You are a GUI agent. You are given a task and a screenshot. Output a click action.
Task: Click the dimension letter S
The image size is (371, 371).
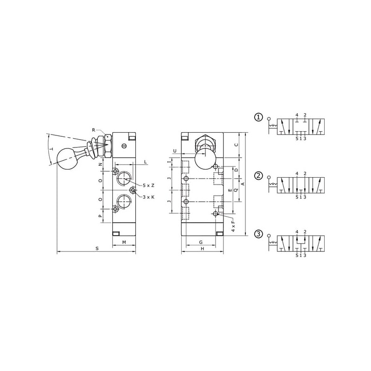click(x=97, y=249)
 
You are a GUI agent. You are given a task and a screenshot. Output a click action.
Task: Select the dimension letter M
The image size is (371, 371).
click(x=124, y=242)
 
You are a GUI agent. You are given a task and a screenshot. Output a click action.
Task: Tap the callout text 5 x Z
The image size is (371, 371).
click(x=148, y=185)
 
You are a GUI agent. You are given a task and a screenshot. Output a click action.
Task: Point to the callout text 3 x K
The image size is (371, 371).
click(x=148, y=197)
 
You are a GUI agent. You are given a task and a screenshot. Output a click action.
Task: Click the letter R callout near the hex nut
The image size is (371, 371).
click(x=94, y=130)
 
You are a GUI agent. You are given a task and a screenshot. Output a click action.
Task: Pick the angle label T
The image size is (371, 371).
click(x=51, y=149)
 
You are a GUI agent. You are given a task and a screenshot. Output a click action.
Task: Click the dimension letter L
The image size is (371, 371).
click(x=146, y=162)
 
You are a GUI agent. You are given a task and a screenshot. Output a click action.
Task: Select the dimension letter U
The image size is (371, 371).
click(x=175, y=151)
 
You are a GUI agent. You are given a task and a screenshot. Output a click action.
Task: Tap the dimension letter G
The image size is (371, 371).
click(x=201, y=242)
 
